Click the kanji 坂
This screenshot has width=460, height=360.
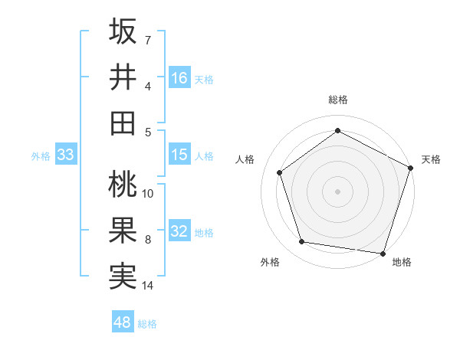[123, 31]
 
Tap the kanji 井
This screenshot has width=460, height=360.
[123, 77]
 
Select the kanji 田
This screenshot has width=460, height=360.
[123, 123]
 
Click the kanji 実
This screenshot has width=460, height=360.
[123, 276]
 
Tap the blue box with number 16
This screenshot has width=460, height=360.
[179, 77]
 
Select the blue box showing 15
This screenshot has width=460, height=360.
[179, 155]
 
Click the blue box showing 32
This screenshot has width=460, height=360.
[179, 231]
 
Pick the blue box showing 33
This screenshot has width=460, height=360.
[66, 155]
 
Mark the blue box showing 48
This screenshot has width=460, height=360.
[123, 322]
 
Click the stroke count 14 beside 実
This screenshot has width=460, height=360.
[148, 286]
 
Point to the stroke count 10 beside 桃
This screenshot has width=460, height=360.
[148, 194]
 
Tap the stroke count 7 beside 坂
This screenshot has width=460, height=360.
[148, 39]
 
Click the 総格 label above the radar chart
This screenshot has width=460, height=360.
[337, 100]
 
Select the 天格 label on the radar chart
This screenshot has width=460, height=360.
[431, 159]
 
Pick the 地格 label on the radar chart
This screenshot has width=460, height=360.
[402, 262]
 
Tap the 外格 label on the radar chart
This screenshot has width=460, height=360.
[270, 262]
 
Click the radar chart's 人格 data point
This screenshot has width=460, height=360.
[280, 172]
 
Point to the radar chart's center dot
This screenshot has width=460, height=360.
[337, 191]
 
